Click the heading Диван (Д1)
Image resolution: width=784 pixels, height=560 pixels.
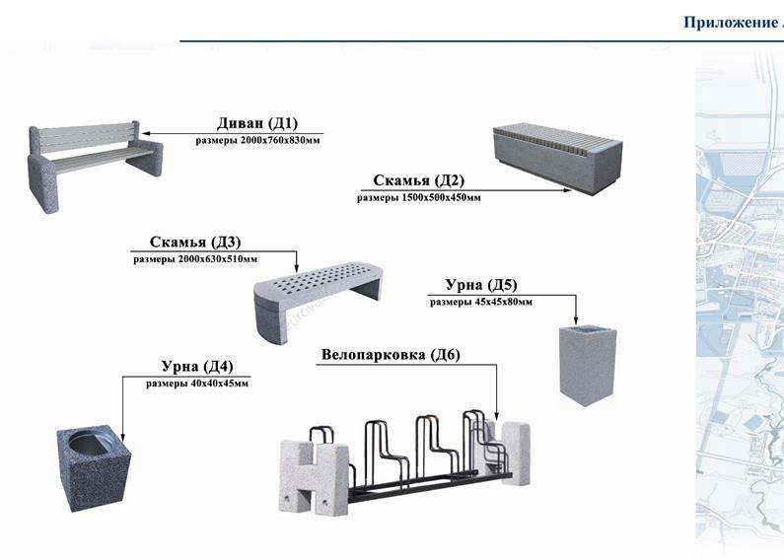pos(256,123)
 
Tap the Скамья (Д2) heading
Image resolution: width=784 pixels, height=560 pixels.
pos(418,180)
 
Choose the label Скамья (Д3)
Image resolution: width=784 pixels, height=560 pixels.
pos(195,242)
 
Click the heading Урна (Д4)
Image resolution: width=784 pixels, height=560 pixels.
pos(197,367)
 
